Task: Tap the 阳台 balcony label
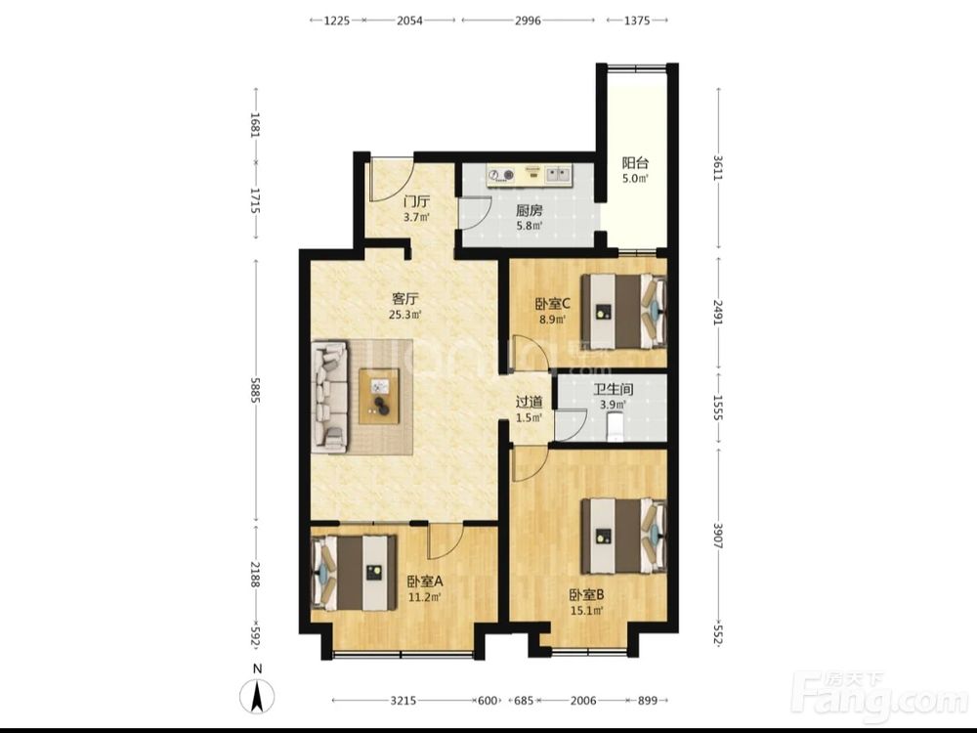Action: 635,163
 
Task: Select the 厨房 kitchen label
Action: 529,211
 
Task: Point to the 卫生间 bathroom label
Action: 614,390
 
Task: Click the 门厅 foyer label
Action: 416,202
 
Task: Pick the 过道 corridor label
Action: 529,402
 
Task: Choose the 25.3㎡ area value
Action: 405,315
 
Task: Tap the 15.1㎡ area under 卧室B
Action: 587,611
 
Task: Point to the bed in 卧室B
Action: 623,536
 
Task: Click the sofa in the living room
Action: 330,396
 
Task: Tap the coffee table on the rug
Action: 379,397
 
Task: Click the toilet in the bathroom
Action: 615,427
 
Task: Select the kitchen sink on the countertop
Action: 558,175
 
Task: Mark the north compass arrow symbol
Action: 257,696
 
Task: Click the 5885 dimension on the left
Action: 254,390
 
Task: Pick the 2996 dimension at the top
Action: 528,21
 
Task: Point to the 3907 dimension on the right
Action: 718,536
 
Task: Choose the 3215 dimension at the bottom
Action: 404,701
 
